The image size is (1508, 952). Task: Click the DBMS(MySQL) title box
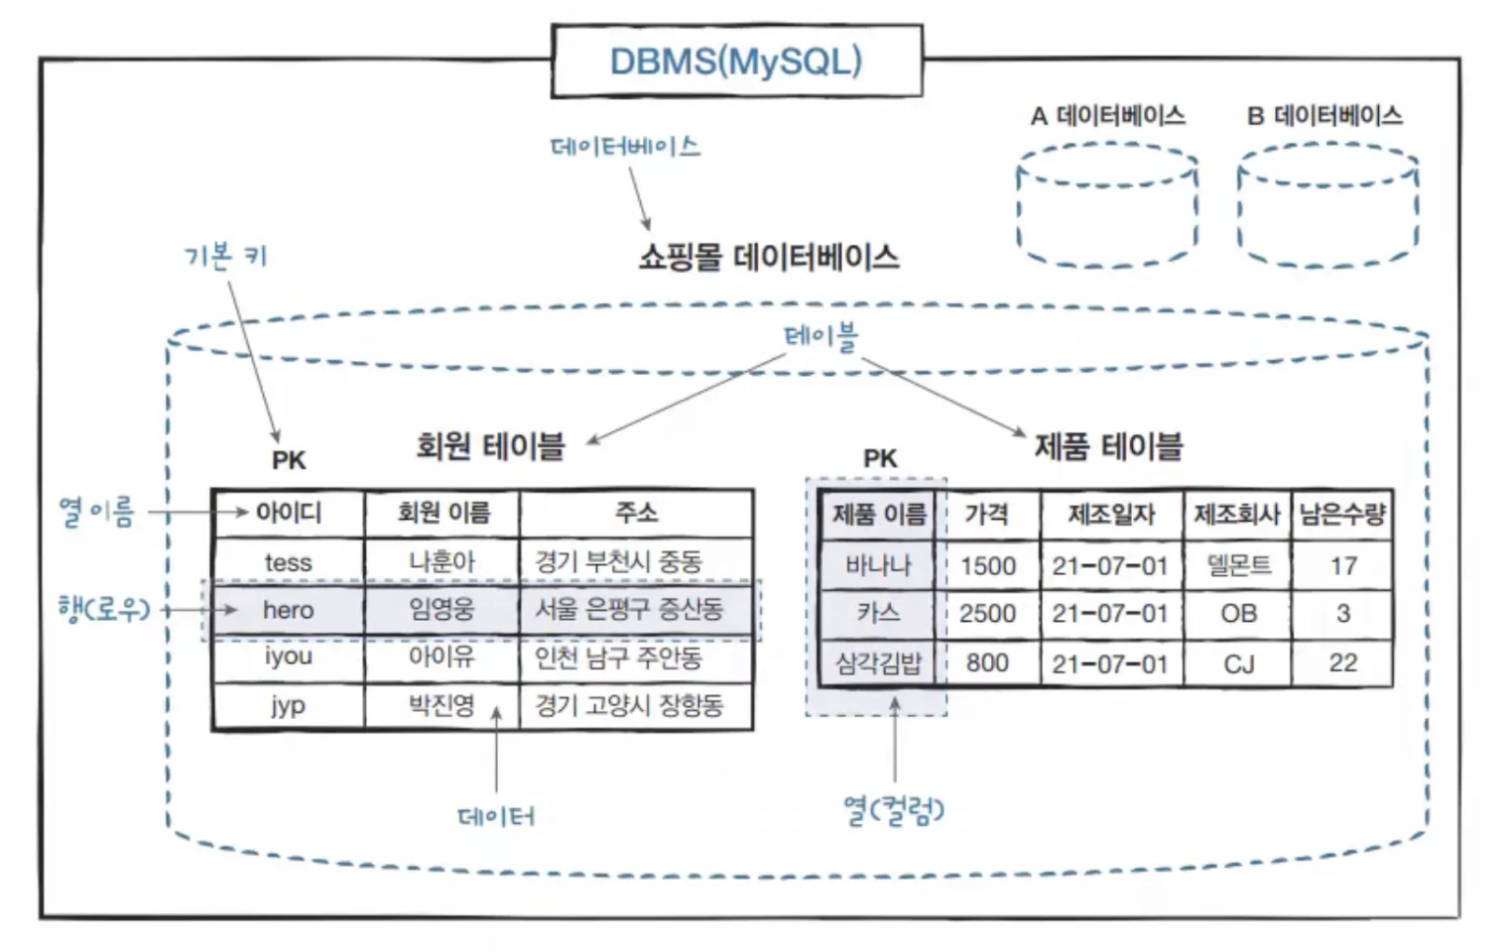pos(736,61)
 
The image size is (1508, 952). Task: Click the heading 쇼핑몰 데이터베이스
pos(769,258)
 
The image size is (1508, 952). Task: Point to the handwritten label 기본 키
pos(225,257)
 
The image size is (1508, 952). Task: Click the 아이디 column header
pos(289,513)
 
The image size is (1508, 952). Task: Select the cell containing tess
pos(289,562)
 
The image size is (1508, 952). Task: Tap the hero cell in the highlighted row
pos(289,610)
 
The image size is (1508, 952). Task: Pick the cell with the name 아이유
pos(441,656)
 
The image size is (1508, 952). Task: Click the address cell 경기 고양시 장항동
pos(629,705)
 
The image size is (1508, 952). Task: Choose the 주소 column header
pos(636,513)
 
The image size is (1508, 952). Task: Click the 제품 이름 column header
pos(879,514)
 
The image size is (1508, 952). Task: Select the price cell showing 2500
pos(987,614)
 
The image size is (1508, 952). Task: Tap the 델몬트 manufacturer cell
pos(1238,565)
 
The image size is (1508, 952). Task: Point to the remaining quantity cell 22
pos(1342,662)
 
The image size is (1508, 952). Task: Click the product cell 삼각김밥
pos(878,662)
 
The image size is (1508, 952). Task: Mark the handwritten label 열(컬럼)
pos(893,810)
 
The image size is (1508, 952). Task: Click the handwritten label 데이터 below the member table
pos(496,816)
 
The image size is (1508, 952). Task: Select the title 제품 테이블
pos(1108,447)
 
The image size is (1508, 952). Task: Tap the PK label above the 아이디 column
pos(289,460)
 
